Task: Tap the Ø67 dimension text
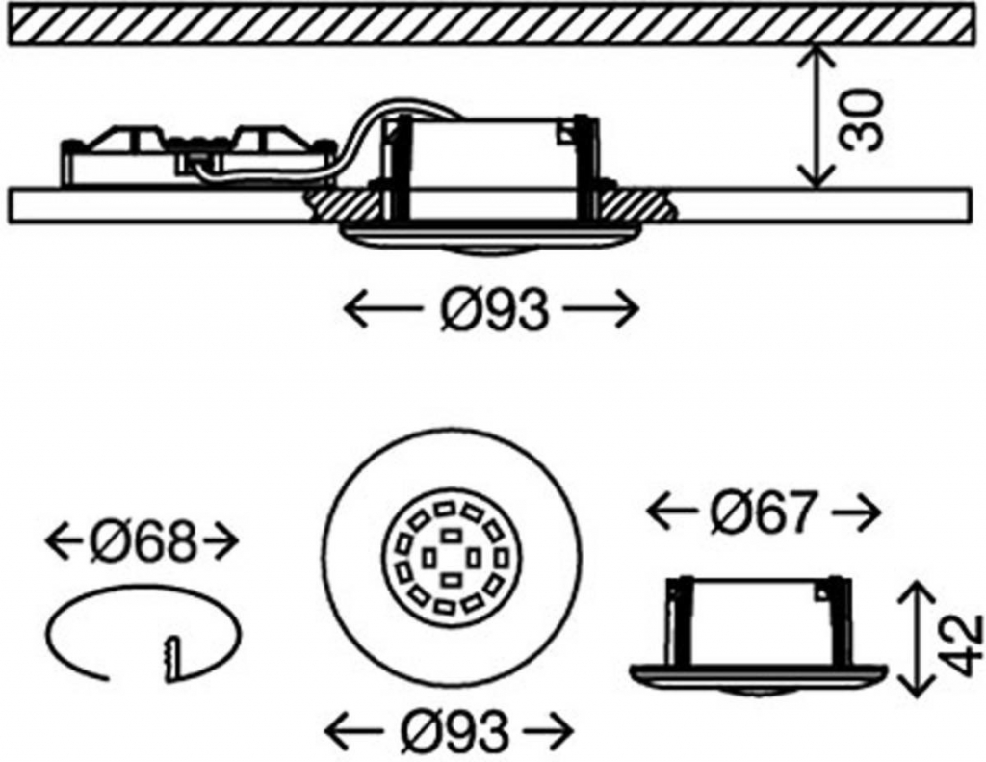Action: point(765,514)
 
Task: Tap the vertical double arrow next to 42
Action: point(913,638)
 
